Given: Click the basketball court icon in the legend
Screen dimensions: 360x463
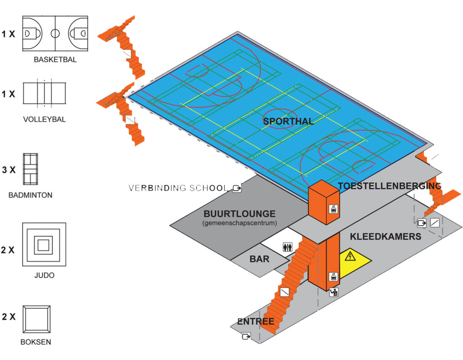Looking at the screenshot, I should point(55,33).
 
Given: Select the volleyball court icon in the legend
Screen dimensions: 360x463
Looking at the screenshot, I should point(44,94).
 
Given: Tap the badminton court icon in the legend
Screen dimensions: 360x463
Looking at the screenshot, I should point(31,169).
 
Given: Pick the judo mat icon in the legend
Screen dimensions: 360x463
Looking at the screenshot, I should point(44,245).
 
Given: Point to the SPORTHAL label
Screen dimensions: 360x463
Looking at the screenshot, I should point(288,121).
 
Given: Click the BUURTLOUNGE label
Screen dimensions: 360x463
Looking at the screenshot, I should point(239,214).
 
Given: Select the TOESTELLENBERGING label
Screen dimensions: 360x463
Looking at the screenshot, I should point(389,186).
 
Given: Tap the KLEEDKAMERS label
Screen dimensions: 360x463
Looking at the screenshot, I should point(385,237).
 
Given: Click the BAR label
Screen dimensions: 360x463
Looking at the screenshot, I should point(259,260).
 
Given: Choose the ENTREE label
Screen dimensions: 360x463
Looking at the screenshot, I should point(256,322).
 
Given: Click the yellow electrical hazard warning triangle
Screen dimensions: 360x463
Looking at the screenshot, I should point(350,257).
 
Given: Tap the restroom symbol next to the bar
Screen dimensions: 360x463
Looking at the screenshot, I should point(287,246).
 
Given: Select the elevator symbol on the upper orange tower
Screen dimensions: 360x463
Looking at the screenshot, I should point(333,209).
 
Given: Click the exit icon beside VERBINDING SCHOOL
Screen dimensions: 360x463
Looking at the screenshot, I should point(237,188).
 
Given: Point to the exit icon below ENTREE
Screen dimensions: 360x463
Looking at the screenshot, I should point(246,336).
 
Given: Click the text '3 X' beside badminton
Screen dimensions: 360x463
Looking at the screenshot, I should point(9,170).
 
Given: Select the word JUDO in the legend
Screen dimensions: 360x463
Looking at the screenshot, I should point(44,275).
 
